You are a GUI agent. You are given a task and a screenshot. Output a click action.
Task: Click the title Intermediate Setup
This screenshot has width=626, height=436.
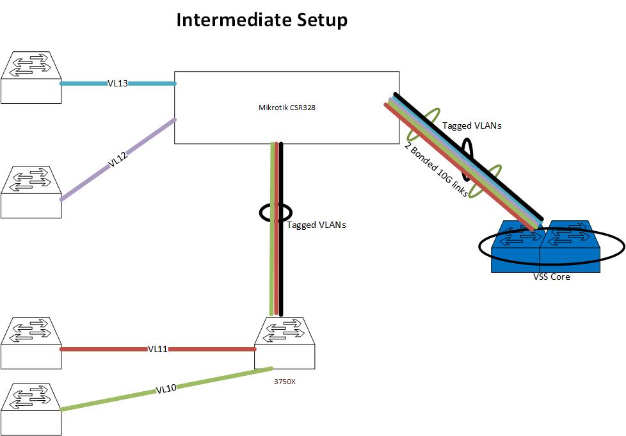262,20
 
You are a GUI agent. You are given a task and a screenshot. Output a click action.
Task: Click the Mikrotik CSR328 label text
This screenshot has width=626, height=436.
282,108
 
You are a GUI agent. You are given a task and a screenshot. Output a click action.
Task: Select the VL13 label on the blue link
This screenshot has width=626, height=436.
118,83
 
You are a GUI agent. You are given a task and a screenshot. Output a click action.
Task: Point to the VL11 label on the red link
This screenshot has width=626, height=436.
157,350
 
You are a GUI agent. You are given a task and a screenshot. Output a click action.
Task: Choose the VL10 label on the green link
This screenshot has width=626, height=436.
166,388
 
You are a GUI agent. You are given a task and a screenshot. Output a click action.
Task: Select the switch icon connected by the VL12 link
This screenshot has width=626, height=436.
31,193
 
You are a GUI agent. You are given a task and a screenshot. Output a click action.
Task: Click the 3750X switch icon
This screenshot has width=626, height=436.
284,344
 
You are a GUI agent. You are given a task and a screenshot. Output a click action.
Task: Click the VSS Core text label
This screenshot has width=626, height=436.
551,277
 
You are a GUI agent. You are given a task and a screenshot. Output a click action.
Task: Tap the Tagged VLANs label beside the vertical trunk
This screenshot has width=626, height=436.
316,225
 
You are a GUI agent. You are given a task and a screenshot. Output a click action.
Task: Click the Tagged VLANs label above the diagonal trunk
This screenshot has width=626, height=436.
472,126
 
